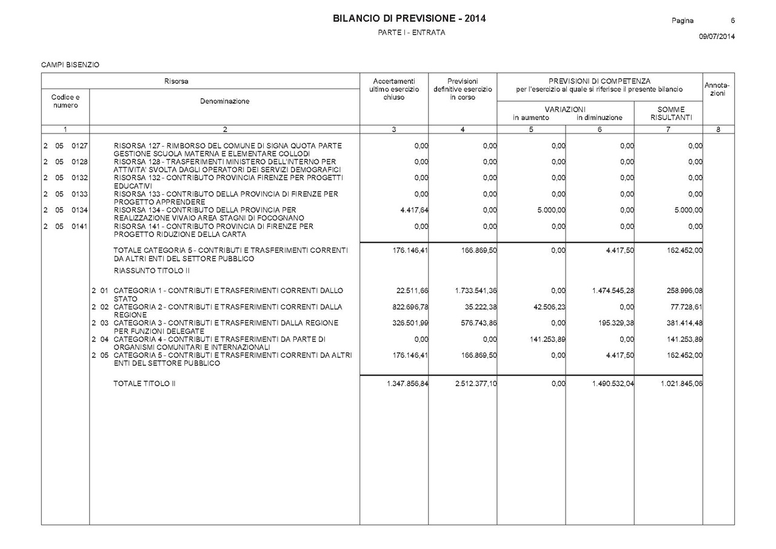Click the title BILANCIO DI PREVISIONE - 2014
(x=409, y=19)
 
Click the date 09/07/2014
(x=717, y=37)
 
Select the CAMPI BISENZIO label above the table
(x=70, y=64)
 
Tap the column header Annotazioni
(x=718, y=89)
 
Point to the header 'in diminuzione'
(x=599, y=118)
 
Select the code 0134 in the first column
(x=79, y=210)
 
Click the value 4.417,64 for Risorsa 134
(x=411, y=210)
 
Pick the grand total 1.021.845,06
(x=681, y=383)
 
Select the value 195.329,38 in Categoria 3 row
(x=612, y=323)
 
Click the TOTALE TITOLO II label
(x=144, y=383)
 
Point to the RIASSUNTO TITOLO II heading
(x=152, y=271)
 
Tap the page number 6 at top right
(x=732, y=21)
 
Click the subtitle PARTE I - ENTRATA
(x=411, y=32)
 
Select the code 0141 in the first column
(x=79, y=226)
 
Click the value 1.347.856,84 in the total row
(x=407, y=383)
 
